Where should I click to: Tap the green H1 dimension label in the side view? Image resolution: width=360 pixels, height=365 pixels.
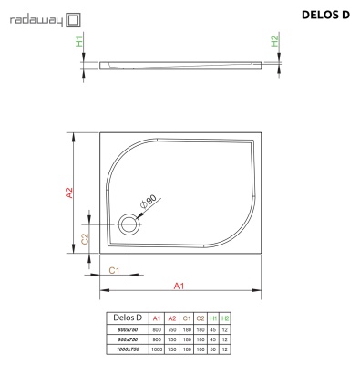click(80, 42)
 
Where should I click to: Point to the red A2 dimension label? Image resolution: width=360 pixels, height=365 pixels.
click(68, 193)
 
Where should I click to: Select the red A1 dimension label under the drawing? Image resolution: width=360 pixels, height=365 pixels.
click(180, 287)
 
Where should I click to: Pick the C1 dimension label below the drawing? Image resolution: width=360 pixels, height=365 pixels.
click(115, 270)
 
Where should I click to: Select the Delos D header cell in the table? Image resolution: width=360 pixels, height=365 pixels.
click(128, 318)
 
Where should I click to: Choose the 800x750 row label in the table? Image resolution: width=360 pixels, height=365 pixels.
click(128, 328)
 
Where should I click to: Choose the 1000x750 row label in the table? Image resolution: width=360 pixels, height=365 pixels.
click(128, 349)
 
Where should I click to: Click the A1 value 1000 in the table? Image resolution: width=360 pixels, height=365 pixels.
click(157, 349)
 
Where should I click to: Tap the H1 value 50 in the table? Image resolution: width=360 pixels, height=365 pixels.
click(213, 349)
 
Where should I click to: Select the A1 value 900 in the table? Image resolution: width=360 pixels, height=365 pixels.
click(157, 339)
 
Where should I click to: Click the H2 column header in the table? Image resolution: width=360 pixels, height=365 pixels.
click(226, 318)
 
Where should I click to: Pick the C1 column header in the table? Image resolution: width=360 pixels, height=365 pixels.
click(186, 318)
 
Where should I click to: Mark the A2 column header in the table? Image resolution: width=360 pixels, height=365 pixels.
click(171, 318)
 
